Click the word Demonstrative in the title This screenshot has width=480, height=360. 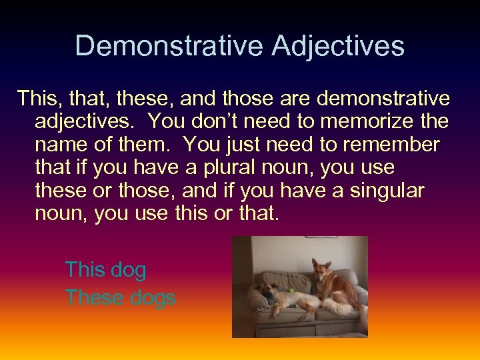coord(169,47)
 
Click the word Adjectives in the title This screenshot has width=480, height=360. coord(338,47)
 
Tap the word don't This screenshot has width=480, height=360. coord(213,121)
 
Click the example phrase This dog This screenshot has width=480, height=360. coord(105,270)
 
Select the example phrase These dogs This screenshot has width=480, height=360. coord(120,297)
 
